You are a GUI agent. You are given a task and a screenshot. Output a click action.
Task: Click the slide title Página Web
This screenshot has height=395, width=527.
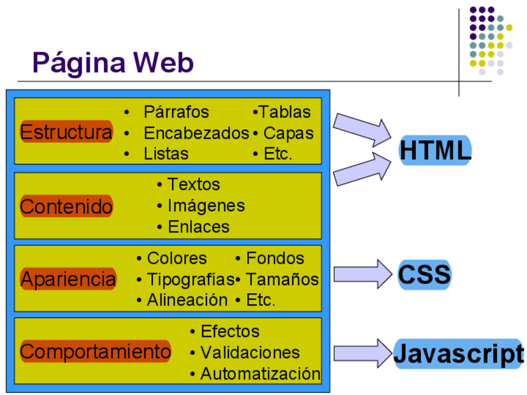112,63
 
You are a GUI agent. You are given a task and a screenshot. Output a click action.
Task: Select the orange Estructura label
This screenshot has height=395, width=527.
66,132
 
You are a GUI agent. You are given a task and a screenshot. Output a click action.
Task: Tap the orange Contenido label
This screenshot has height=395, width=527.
66,206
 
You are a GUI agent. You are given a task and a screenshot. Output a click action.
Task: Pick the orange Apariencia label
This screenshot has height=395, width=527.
68,279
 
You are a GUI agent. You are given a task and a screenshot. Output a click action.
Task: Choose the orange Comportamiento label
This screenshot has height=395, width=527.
95,352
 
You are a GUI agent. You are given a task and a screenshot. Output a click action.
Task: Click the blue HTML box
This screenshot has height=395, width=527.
435,150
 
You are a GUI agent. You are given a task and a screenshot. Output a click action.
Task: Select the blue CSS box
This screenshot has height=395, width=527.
424,275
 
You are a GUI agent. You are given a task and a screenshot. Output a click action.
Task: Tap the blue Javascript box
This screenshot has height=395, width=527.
459,353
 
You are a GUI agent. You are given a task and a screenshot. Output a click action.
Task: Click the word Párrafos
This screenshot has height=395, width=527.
176,112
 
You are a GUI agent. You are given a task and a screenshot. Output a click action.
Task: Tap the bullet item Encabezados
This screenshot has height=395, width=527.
196,133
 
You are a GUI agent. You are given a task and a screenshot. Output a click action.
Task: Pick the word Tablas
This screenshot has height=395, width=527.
285,112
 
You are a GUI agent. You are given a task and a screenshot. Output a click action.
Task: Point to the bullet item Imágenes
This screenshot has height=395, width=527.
206,206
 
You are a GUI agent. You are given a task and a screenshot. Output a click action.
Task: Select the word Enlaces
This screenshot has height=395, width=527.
199,227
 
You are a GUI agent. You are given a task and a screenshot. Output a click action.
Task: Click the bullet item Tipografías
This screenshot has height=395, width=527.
190,279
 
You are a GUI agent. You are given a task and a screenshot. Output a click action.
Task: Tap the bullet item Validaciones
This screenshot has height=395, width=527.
250,353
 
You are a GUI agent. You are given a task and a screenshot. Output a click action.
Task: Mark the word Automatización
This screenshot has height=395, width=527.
260,374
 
